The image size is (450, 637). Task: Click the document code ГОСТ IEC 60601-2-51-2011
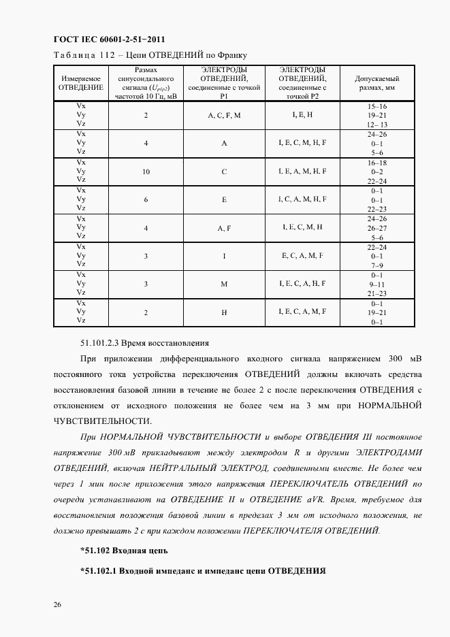coord(109,39)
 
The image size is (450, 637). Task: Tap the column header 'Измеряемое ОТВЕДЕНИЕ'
coord(81,83)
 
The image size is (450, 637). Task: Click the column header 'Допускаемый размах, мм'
coord(376,83)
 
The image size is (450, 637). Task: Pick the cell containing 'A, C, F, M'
coord(224,116)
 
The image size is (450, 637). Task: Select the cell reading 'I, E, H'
coord(302,115)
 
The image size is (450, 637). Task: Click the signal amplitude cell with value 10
coord(146,171)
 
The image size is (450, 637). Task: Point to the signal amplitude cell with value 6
coord(146,199)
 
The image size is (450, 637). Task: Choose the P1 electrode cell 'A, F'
coord(224,228)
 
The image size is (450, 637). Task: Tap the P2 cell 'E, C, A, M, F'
coord(302,255)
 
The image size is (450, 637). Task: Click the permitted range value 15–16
coord(376,107)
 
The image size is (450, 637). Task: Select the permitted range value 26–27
coord(376,228)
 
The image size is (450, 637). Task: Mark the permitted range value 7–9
coord(376,264)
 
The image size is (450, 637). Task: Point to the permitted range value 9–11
coord(376,283)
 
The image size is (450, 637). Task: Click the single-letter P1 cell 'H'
coord(224,311)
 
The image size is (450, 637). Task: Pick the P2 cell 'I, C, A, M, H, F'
coord(302,199)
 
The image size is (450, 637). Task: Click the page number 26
coord(56,604)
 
